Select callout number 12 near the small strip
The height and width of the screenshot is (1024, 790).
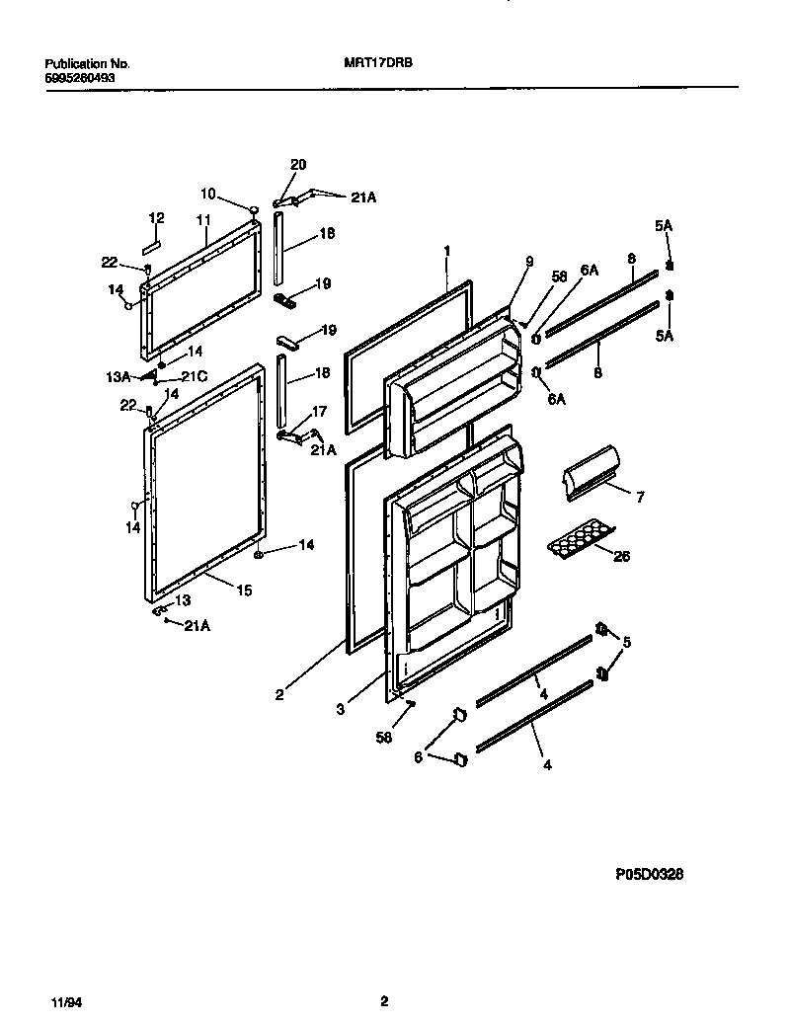tap(156, 217)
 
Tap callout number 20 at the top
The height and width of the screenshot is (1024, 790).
tap(298, 164)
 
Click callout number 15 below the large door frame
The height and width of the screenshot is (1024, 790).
tap(243, 591)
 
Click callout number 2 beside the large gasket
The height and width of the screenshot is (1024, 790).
tap(279, 694)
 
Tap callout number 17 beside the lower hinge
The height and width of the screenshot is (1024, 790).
tap(319, 411)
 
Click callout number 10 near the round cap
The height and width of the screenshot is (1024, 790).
tap(208, 194)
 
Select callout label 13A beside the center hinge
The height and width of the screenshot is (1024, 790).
tap(118, 377)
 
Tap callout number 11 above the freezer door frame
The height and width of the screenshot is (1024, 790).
tap(204, 220)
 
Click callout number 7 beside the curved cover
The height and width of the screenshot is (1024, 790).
tap(638, 498)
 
